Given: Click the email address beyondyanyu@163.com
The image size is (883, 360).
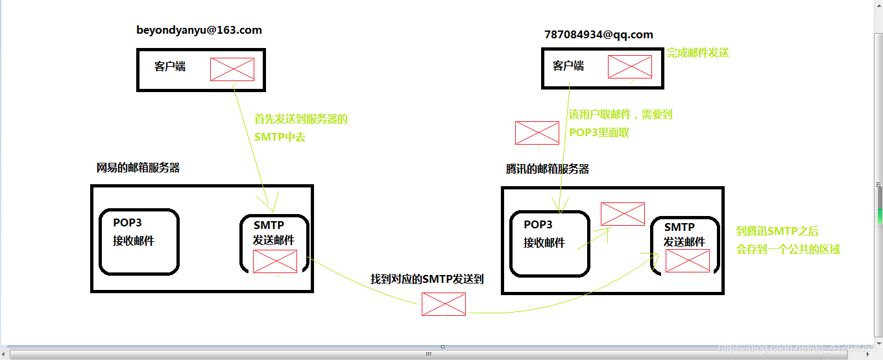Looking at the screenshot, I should click(x=199, y=30).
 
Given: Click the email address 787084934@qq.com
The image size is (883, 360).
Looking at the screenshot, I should click(x=598, y=34).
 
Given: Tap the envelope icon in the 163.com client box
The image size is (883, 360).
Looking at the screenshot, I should click(x=232, y=69).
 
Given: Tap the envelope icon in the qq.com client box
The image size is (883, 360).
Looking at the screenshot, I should click(x=629, y=66).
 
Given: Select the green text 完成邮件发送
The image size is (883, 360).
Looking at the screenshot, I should click(x=697, y=53).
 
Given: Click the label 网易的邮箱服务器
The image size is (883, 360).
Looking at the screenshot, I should click(x=138, y=168).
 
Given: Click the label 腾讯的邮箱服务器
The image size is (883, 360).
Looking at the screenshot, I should click(x=547, y=169).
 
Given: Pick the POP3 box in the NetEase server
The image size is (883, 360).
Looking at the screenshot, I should click(x=138, y=241).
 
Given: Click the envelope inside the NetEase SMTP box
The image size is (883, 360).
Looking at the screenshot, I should click(x=275, y=261).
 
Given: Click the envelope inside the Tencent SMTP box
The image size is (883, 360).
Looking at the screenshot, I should click(x=687, y=260).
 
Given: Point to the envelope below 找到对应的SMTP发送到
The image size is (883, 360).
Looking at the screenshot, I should click(x=444, y=304).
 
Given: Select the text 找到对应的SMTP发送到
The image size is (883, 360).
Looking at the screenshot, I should click(x=427, y=279).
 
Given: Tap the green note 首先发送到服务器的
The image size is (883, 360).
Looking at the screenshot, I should click(x=301, y=119).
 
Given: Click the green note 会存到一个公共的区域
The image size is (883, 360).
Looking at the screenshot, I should click(x=788, y=249).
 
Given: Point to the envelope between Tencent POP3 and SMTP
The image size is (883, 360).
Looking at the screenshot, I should click(x=623, y=213).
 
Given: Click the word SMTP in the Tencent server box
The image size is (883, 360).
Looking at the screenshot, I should click(x=679, y=227).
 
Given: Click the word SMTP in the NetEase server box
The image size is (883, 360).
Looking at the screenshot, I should click(x=269, y=225).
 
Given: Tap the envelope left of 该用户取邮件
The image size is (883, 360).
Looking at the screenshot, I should click(x=537, y=132).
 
